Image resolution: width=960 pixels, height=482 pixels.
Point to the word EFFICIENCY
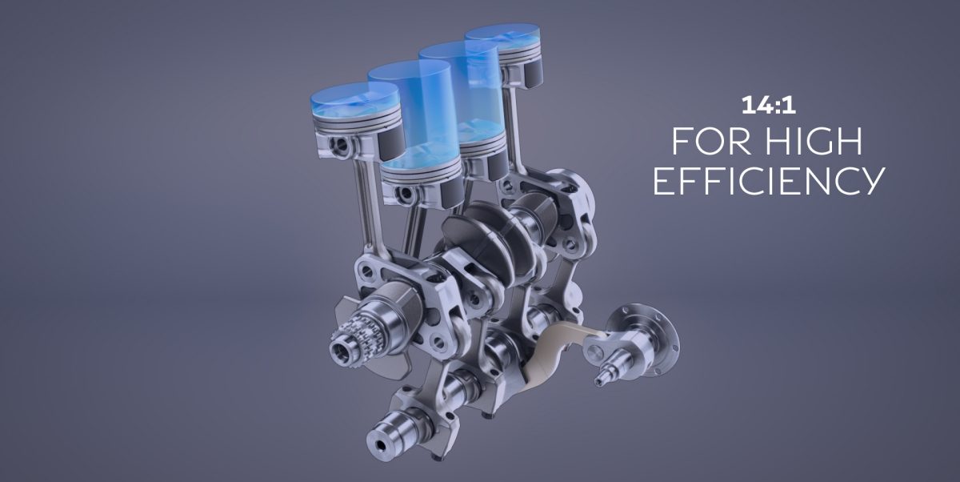pyautogui.click(x=768, y=182)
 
